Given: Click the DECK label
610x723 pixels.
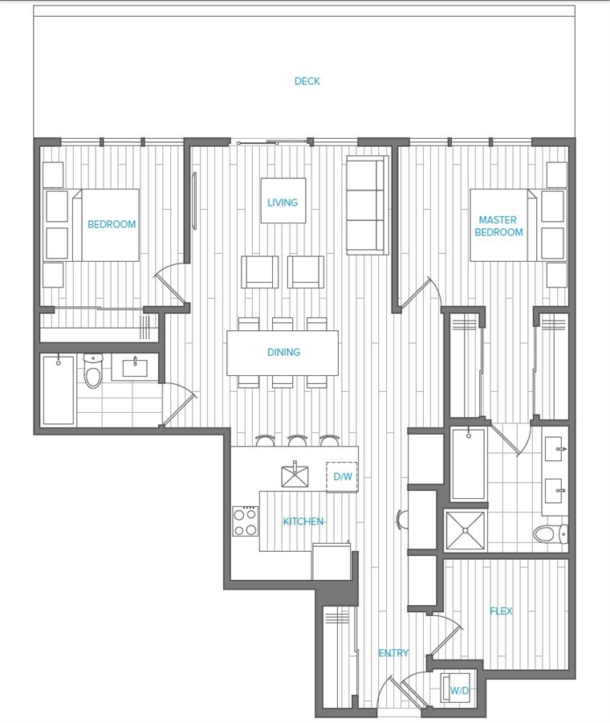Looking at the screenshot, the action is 307,81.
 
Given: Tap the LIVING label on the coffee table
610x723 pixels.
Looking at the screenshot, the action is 283,202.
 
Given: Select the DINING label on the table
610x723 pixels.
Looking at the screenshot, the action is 283,353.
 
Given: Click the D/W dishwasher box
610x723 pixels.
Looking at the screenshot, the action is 342,476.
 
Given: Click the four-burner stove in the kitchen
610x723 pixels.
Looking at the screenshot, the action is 245,521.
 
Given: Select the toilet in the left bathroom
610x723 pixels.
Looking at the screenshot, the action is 93,370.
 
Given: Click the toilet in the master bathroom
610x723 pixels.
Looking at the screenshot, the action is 551,534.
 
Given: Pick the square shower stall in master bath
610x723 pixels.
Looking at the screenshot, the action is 466,531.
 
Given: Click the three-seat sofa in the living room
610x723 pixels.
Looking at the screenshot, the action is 367,205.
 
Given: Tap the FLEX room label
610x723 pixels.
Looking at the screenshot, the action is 501,611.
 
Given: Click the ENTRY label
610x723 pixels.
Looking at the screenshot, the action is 393,653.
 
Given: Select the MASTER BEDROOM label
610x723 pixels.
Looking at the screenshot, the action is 498,226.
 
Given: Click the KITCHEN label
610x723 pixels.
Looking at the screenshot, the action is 303,521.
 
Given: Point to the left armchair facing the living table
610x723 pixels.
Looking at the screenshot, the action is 260,272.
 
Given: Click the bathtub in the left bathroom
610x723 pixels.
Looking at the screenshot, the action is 59,390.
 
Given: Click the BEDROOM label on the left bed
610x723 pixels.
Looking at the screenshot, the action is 112,225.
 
